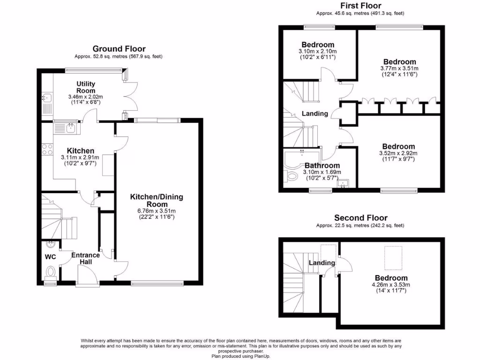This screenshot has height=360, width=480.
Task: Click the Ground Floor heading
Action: pyautogui.click(x=119, y=49)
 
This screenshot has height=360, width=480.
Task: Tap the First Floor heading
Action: pyautogui.click(x=360, y=5)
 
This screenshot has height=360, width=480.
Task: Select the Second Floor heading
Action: pyautogui.click(x=360, y=217)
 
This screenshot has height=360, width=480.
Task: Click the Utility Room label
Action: pyautogui.click(x=86, y=88)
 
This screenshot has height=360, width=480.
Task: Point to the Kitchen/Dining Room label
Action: pyautogui.click(x=157, y=201)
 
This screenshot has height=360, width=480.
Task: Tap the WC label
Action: pyautogui.click(x=50, y=257)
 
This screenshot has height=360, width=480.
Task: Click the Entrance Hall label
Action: pyautogui.click(x=85, y=258)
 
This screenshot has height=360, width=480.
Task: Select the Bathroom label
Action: pyautogui.click(x=322, y=165)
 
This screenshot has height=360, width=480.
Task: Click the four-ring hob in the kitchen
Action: pyautogui.click(x=47, y=149)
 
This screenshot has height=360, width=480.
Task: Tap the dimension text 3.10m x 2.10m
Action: pyautogui.click(x=318, y=51)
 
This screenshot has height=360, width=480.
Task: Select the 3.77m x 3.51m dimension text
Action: pyautogui.click(x=399, y=68)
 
